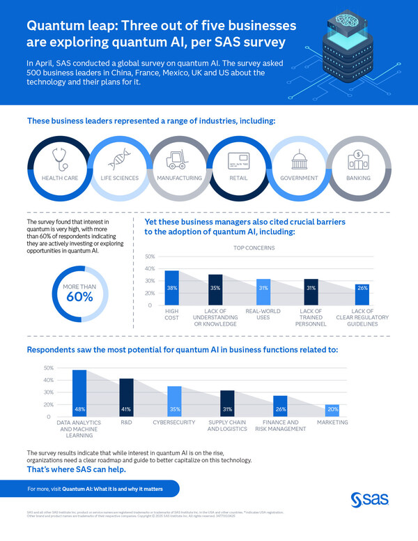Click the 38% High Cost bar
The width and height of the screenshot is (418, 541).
click(x=171, y=287)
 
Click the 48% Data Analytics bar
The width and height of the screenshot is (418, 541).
click(x=79, y=393)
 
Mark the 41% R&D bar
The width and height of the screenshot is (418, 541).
click(x=126, y=397)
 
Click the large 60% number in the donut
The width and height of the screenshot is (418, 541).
click(x=79, y=297)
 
